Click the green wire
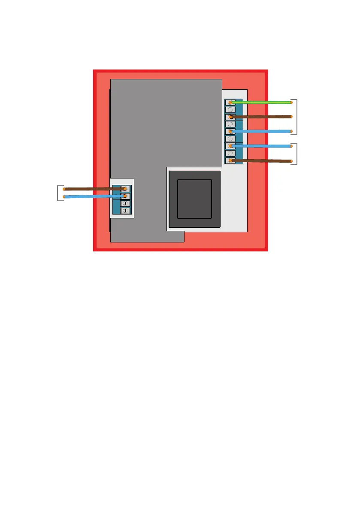click(262, 103)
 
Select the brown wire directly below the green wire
click(262, 117)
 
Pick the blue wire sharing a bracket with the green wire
click(262, 131)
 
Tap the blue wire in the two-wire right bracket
click(262, 146)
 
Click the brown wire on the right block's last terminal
click(262, 161)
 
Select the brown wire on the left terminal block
click(94, 189)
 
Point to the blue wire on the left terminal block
click(94, 197)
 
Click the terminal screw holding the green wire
click(230, 103)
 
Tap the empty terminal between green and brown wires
click(230, 110)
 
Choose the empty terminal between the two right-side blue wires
click(230, 139)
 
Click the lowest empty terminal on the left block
click(125, 211)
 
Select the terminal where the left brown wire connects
click(125, 189)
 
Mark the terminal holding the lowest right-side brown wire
click(230, 161)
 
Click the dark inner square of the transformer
click(194, 199)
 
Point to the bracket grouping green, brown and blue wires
click(295, 117)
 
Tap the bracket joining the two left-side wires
click(58, 193)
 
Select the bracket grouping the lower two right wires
click(295, 154)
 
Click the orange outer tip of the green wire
click(291, 102)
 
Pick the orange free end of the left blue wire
click(64, 197)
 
